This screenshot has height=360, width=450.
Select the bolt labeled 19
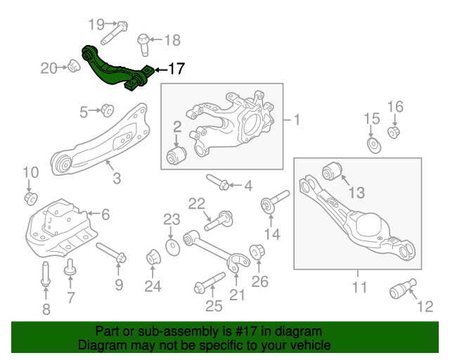coord(115,32)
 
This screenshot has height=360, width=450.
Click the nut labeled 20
coord(72,67)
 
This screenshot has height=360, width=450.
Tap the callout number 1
coord(296,120)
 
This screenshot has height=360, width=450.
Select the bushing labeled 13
coord(331,171)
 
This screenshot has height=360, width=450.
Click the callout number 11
coord(359,288)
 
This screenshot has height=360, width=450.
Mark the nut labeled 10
coord(30,198)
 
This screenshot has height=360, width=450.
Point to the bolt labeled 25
coord(206,286)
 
